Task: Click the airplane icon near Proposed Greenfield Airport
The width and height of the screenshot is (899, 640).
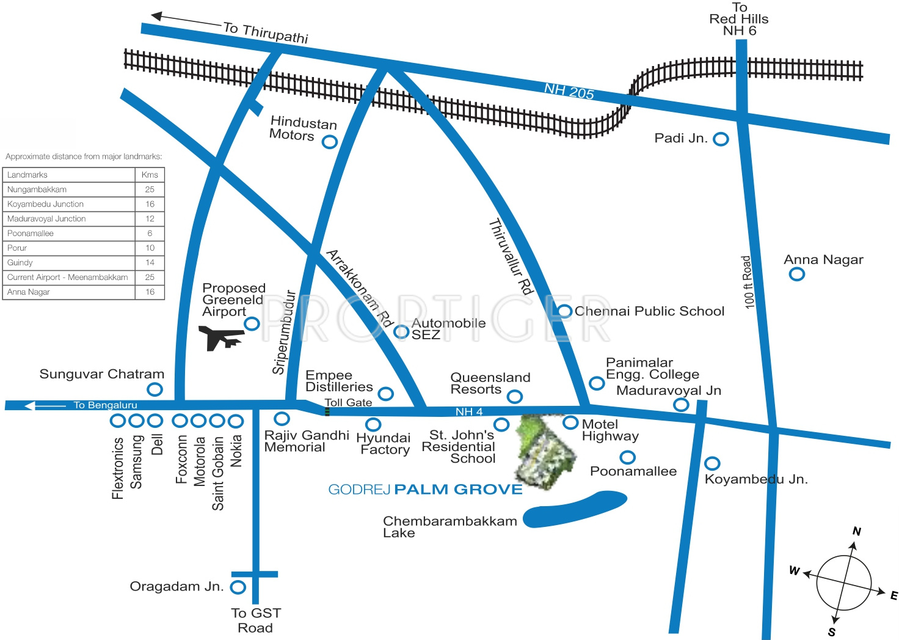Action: click(221, 337)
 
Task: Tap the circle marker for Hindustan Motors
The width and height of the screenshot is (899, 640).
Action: click(330, 142)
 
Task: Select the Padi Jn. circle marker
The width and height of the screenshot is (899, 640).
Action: click(721, 139)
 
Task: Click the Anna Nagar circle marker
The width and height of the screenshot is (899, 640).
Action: click(797, 274)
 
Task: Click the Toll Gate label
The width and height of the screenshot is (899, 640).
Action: click(348, 402)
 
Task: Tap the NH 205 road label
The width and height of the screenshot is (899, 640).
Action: click(569, 92)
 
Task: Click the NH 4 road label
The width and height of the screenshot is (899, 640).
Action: click(469, 412)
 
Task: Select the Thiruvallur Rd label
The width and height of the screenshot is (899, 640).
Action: click(511, 257)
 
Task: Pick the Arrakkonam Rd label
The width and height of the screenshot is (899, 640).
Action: click(360, 288)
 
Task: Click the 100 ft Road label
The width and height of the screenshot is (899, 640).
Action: click(748, 282)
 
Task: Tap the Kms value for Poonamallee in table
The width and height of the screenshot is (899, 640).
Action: click(150, 234)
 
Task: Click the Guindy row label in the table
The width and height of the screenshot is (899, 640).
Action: click(20, 263)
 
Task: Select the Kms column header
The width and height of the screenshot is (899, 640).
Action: click(150, 175)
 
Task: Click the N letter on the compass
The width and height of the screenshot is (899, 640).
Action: click(857, 531)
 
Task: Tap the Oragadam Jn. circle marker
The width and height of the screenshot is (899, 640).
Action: click(238, 587)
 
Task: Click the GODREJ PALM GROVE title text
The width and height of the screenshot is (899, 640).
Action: click(425, 490)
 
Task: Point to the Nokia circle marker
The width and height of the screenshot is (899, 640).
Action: click(236, 421)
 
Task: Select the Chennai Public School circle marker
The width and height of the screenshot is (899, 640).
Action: click(565, 311)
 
